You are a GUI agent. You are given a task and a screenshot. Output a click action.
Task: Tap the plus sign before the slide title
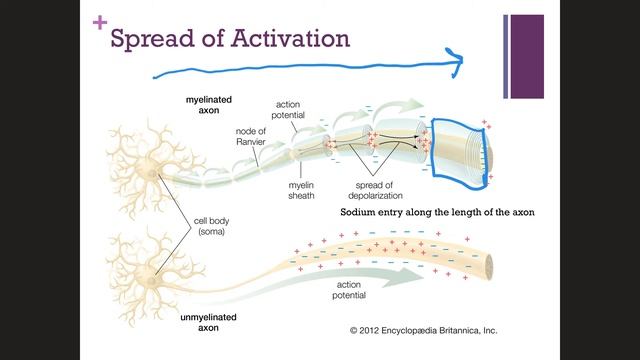coord(98,21)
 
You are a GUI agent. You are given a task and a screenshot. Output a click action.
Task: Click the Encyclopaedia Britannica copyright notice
coord(423,330)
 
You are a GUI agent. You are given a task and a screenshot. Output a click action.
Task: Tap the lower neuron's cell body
coord(153,267)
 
